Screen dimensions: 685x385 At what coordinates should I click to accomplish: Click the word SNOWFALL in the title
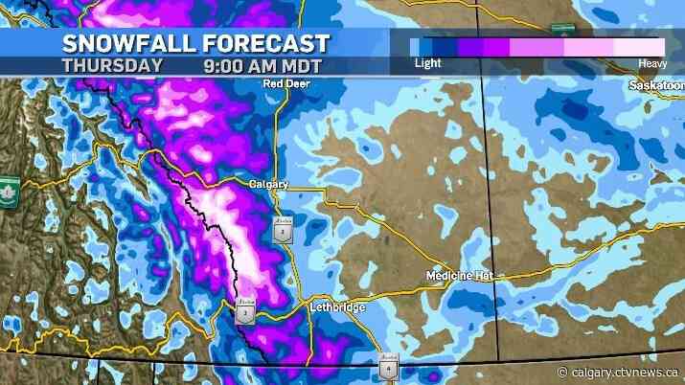[x=122, y=43]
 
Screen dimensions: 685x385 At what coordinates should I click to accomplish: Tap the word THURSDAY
[x=112, y=66]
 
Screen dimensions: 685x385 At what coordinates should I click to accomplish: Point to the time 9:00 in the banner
[x=223, y=66]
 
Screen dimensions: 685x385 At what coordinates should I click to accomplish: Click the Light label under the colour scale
[x=427, y=63]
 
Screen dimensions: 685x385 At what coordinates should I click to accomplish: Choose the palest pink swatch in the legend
[x=639, y=47]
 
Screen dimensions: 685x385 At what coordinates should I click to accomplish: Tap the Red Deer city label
[x=287, y=84]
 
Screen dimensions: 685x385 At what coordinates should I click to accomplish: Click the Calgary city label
[x=268, y=184]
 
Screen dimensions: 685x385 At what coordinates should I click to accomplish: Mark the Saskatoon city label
[x=655, y=85]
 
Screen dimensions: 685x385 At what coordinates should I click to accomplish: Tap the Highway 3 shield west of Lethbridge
[x=245, y=311]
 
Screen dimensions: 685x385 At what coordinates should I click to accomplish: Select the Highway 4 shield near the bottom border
[x=387, y=367]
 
